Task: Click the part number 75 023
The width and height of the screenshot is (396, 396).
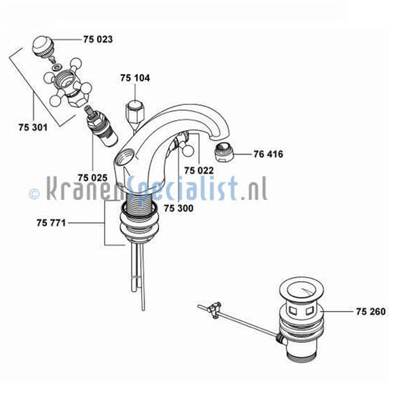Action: point(98,40)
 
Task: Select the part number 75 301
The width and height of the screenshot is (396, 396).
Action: point(33,127)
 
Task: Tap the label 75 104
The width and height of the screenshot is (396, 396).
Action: point(135,78)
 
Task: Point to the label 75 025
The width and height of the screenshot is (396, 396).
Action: point(92,178)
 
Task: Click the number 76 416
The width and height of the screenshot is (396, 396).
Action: point(268,154)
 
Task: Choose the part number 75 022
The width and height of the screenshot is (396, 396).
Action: point(199,170)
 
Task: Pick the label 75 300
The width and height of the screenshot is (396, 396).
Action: point(179,208)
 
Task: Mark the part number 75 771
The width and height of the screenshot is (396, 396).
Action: point(51,223)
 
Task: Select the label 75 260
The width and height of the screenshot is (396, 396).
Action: point(371,312)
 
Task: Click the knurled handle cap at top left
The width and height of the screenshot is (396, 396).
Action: point(43,47)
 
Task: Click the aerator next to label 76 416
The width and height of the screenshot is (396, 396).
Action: point(224,152)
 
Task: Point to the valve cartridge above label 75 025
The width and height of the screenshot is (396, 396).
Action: point(102,127)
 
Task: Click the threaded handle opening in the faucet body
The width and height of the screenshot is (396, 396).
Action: point(124,157)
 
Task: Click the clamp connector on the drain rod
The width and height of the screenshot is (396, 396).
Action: point(214,309)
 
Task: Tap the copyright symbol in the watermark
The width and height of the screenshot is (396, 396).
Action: point(34,194)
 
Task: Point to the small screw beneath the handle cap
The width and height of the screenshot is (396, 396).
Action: point(53,59)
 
